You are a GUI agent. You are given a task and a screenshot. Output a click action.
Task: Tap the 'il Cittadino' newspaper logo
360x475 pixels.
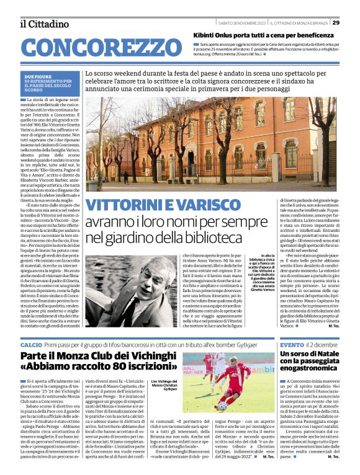pyautogui.click(x=44, y=24)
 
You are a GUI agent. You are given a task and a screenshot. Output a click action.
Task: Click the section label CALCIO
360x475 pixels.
pyautogui.click(x=31, y=344)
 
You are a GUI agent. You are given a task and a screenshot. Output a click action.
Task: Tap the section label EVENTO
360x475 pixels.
pyautogui.click(x=291, y=344)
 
